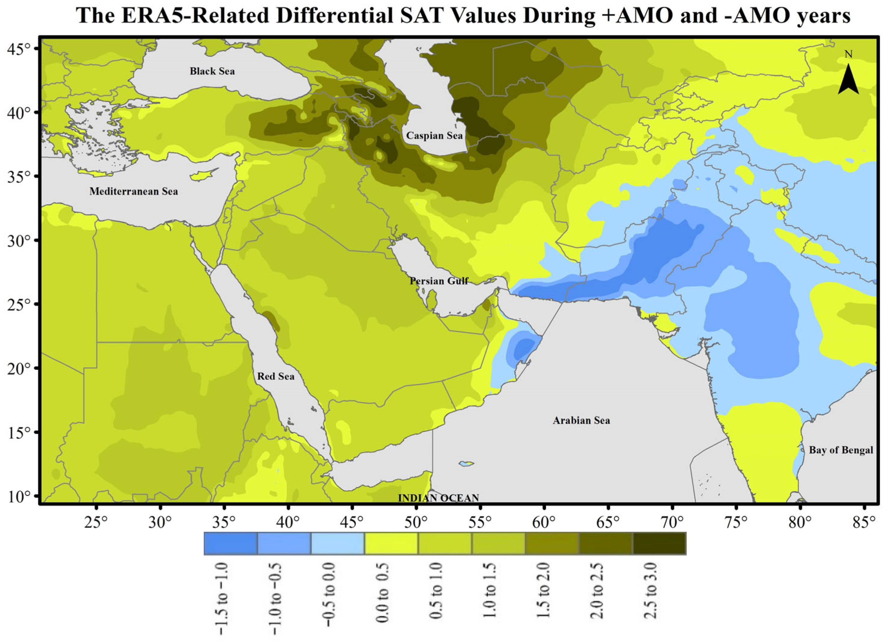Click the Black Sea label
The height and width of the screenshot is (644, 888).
212,71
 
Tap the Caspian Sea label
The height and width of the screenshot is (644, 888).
434,136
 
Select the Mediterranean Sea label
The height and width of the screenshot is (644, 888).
133,191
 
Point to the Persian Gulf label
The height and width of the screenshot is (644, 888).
439,281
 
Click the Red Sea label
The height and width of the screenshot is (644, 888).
276,376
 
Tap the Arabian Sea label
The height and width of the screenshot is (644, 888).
581,420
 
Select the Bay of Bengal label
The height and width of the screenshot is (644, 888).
841,450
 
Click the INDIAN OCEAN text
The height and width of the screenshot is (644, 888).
439,498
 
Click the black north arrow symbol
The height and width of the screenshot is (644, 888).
848,80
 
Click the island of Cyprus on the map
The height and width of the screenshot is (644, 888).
204,174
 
